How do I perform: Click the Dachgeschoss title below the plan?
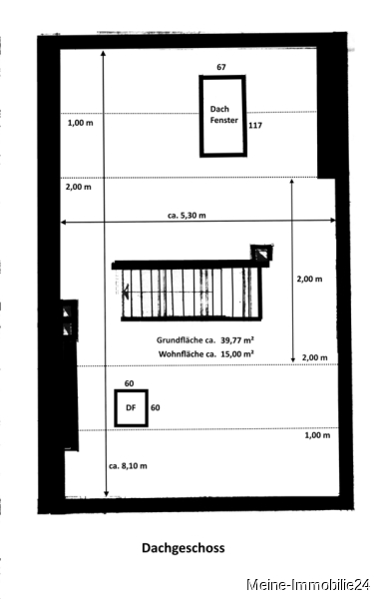pyautogui.click(x=184, y=548)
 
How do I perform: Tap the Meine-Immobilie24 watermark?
pyautogui.click(x=308, y=585)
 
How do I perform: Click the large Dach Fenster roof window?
pyautogui.click(x=223, y=116)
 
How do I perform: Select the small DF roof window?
pyautogui.click(x=132, y=408)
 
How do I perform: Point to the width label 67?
pyautogui.click(x=221, y=67)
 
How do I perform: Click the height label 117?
pyautogui.click(x=255, y=126)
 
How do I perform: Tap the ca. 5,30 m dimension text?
pyautogui.click(x=187, y=216)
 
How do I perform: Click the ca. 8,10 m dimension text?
pyautogui.click(x=128, y=466)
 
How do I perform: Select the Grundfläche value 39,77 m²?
pyautogui.click(x=237, y=340)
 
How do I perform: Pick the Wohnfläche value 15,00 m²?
pyautogui.click(x=237, y=354)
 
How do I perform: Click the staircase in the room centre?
pyautogui.click(x=190, y=291)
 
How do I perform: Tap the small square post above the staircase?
pyautogui.click(x=261, y=253)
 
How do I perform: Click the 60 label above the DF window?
pyautogui.click(x=129, y=383)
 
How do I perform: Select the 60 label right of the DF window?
pyautogui.click(x=156, y=408)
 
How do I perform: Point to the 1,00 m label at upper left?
pyautogui.click(x=80, y=123)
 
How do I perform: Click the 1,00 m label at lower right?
pyautogui.click(x=317, y=435)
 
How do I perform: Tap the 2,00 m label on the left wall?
pyautogui.click(x=78, y=188)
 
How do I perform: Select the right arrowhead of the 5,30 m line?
pyautogui.click(x=334, y=220)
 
